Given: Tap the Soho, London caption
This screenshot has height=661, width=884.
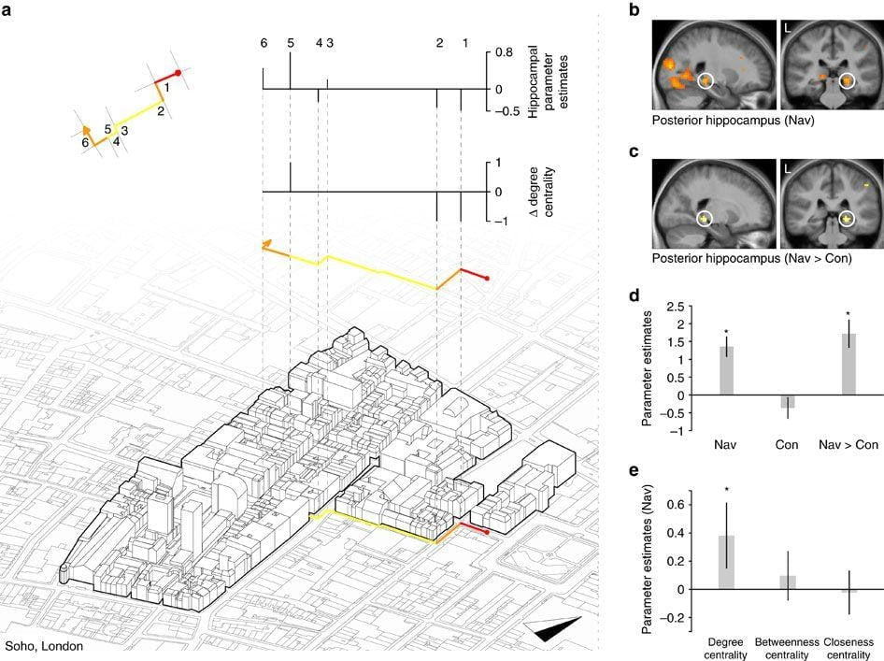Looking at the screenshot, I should (x=43, y=645).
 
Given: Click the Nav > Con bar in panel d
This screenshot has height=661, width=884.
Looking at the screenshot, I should (x=848, y=364).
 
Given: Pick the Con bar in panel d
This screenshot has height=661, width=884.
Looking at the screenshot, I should (x=788, y=401).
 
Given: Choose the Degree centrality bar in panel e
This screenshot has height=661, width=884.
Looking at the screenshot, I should (x=726, y=562).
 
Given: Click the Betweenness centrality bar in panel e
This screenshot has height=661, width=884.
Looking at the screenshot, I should (x=788, y=582).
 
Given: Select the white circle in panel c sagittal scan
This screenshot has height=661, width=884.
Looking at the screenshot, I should (x=706, y=219).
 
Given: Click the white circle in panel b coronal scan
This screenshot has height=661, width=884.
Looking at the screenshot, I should (x=847, y=81).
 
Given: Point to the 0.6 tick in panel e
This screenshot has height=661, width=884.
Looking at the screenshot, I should (x=679, y=505).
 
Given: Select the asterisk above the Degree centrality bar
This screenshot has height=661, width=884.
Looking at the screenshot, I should (x=726, y=489).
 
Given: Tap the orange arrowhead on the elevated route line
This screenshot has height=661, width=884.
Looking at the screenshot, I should (x=268, y=245).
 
